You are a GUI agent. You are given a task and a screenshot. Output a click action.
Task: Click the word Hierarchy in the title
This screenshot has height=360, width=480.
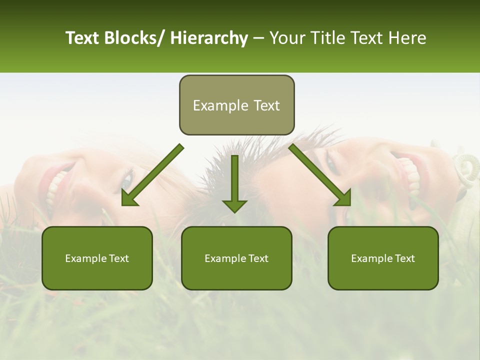209,38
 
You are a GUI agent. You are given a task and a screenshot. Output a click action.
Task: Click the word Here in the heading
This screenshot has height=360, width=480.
407,38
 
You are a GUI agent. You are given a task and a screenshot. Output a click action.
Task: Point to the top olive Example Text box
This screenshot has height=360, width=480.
236,105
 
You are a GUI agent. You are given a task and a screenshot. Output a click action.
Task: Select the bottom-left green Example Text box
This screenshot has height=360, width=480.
97,258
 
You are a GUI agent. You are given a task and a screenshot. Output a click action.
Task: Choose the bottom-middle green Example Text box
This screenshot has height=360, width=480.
236,258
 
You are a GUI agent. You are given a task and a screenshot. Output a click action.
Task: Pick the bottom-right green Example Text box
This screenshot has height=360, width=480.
383,258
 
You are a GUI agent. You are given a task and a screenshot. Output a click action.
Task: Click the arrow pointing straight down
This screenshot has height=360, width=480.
234,185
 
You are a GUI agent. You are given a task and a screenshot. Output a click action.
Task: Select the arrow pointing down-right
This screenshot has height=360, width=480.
320,175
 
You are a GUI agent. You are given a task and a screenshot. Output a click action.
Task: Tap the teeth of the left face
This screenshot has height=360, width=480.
56,190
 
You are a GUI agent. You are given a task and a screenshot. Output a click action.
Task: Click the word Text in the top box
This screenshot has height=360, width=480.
266,105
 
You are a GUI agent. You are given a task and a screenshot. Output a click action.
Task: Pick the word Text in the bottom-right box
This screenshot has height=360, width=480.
404,258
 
